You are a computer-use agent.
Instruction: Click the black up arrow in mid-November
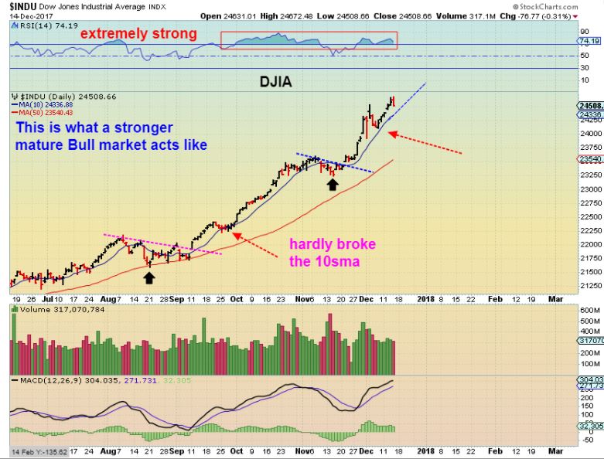[x=332, y=185]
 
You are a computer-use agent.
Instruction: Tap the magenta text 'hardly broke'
[x=333, y=244]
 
